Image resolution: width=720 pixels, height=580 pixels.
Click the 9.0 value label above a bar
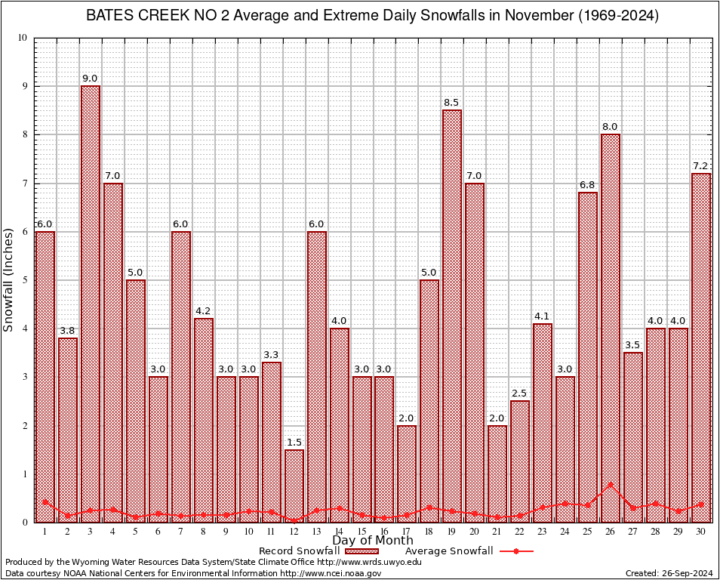(91, 79)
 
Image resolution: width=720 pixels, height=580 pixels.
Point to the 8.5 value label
(452, 103)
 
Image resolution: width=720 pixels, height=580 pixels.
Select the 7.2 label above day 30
(701, 166)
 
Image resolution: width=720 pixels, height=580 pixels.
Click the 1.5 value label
(294, 443)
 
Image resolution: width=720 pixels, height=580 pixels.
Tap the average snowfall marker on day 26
(611, 484)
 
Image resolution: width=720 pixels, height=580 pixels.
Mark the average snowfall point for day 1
(45, 501)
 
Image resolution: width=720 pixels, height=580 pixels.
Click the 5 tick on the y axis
(25, 280)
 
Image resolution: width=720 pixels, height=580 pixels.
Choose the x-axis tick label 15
(362, 532)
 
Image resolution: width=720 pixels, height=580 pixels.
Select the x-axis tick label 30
(701, 532)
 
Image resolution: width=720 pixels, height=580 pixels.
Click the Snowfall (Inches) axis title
(9, 279)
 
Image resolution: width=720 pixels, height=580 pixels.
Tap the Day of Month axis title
(373, 541)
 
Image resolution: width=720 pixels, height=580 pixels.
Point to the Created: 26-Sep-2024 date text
(669, 573)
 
